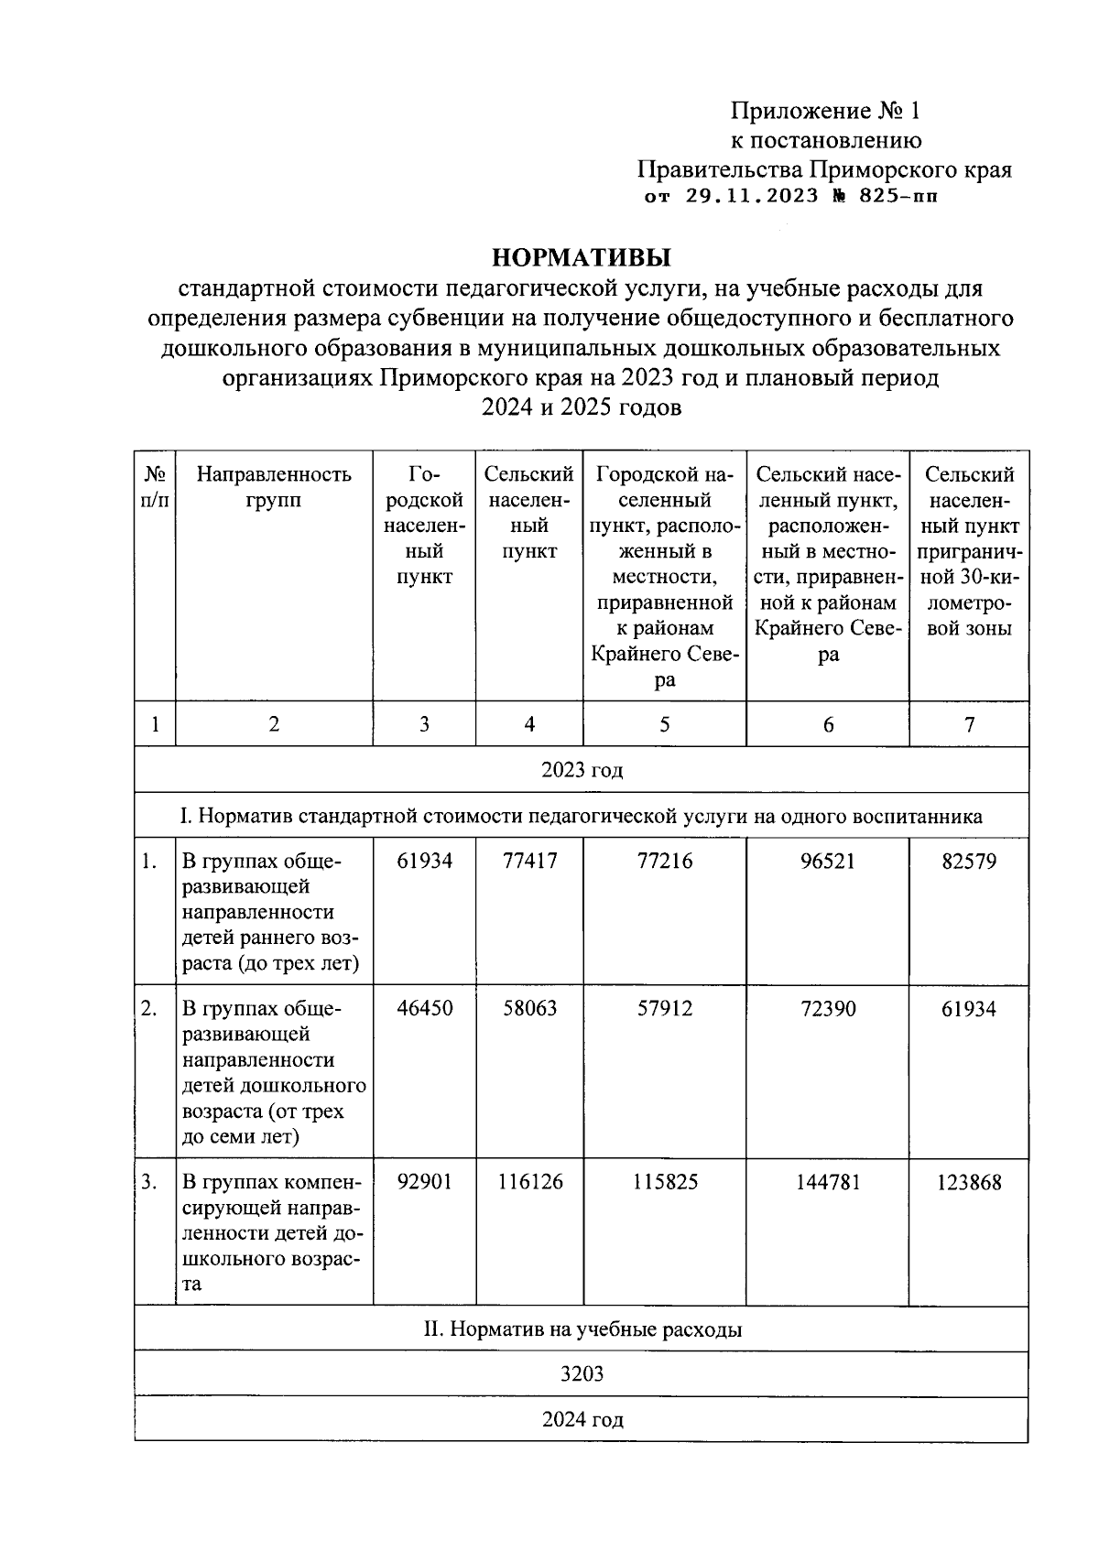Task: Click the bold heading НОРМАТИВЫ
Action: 581,255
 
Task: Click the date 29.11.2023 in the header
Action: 752,196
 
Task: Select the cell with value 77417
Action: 529,862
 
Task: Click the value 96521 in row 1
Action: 828,862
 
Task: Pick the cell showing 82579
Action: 969,862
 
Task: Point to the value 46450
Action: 424,1009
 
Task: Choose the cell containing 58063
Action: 529,1009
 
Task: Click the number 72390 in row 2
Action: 828,1009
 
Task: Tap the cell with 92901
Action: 424,1182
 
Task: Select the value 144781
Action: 828,1182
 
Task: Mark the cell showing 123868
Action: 969,1182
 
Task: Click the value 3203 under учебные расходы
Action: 582,1374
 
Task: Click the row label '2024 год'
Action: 582,1420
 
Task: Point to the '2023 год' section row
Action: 582,770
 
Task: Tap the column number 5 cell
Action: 664,724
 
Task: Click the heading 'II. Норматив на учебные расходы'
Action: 582,1329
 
